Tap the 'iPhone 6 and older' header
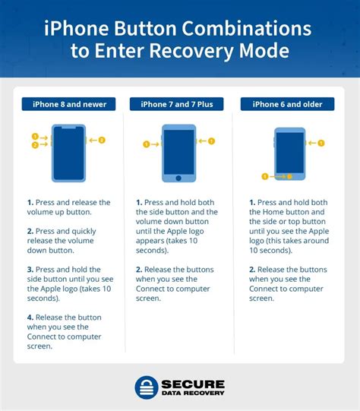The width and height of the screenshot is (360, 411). point(287,104)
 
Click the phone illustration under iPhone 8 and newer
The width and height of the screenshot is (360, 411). point(68,152)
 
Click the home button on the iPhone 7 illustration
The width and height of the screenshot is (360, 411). point(179,179)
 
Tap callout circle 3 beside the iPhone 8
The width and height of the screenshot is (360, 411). point(102,140)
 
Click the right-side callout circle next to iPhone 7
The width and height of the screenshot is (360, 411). point(212,141)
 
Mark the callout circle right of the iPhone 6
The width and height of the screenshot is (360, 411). point(321,142)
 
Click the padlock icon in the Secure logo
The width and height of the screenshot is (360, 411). point(147,387)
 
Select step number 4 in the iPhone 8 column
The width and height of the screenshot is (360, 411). point(30,318)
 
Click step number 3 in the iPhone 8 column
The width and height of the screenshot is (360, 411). point(30,270)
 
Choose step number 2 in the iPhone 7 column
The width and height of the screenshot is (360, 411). point(140,270)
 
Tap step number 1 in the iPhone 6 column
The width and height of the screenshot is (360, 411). point(252,203)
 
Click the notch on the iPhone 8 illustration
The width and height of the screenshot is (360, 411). point(68,128)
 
